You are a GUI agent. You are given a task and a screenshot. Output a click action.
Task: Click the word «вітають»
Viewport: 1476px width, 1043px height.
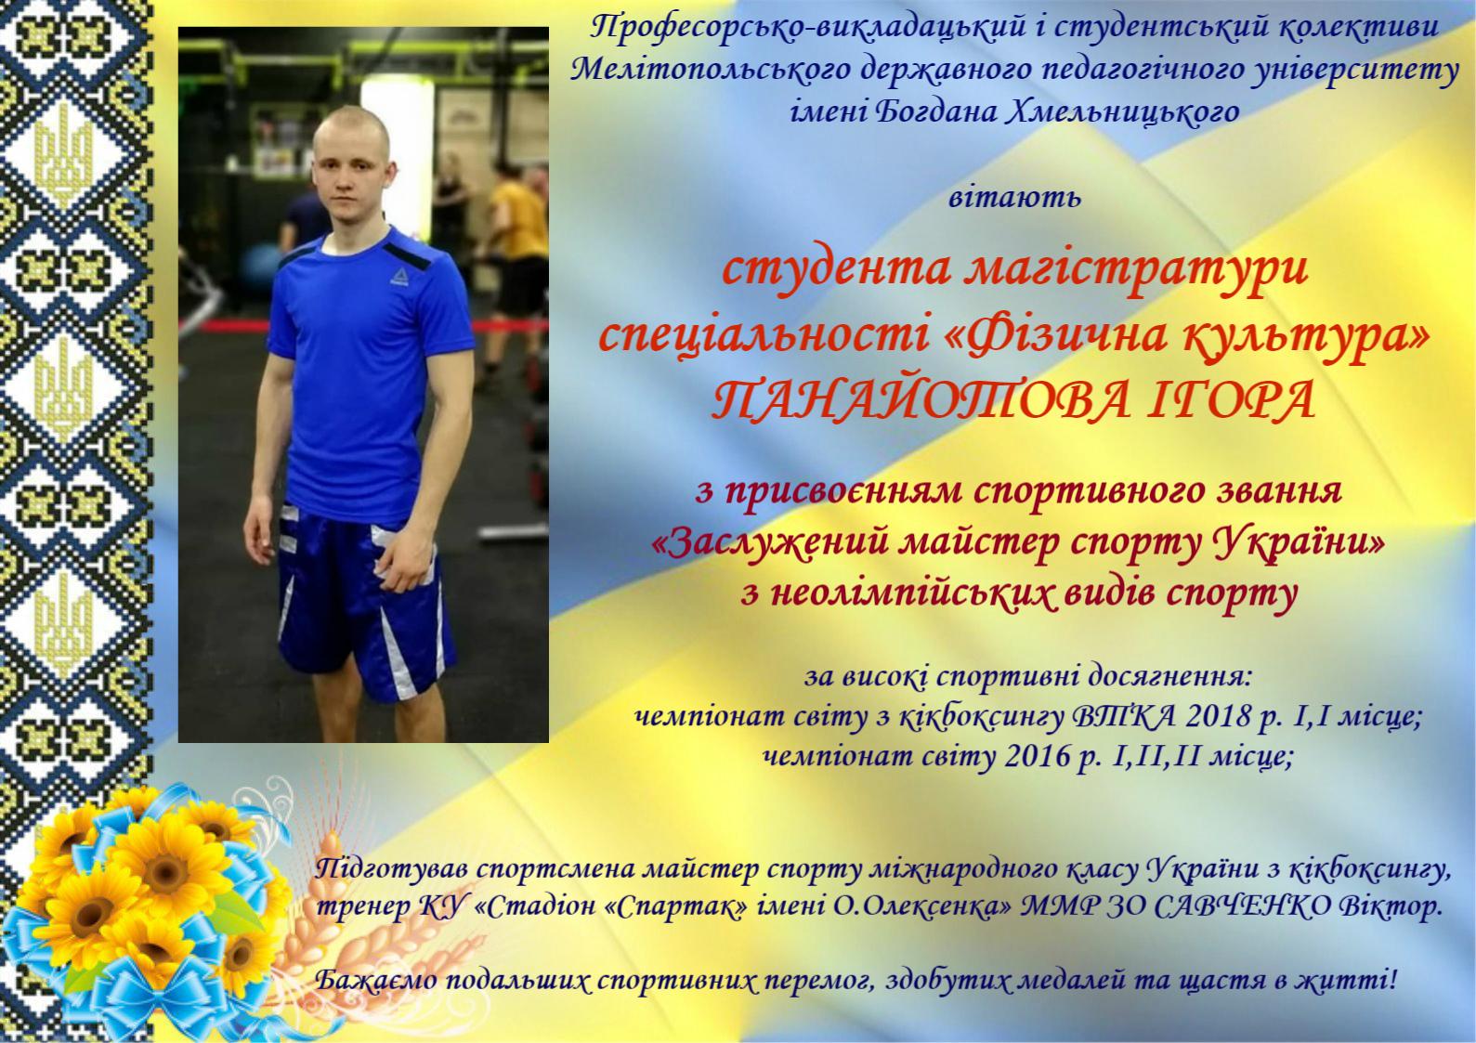[x=1014, y=197]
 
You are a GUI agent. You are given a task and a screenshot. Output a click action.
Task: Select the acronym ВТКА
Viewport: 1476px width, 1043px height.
[x=1123, y=716]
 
